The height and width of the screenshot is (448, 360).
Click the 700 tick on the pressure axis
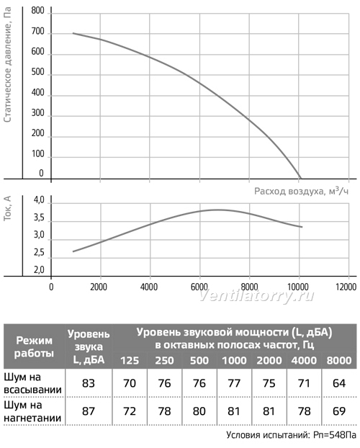(x=38, y=32)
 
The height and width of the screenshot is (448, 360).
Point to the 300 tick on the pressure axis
(x=38, y=113)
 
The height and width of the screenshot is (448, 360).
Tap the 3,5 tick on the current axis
(x=39, y=218)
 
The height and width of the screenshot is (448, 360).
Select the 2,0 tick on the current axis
(x=39, y=269)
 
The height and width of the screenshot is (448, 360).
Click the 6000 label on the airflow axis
(x=199, y=287)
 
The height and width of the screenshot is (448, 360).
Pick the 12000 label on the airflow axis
(x=346, y=287)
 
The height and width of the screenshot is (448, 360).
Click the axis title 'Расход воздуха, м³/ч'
(x=302, y=191)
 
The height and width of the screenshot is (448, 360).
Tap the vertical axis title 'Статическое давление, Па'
(x=8, y=65)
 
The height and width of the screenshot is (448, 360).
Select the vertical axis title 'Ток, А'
(x=7, y=208)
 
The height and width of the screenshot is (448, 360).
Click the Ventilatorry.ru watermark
(x=256, y=296)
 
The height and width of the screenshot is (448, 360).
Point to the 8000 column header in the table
(x=339, y=360)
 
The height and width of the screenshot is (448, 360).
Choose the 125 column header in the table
(x=130, y=360)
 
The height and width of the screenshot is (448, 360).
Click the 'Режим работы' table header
(x=34, y=346)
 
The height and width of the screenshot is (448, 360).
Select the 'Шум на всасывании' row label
(x=33, y=383)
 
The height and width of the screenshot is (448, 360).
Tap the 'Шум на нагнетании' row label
(x=32, y=411)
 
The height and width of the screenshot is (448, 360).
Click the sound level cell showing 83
(x=89, y=383)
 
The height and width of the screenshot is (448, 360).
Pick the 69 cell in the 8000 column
(x=339, y=411)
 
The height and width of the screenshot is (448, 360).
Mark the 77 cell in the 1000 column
(x=234, y=383)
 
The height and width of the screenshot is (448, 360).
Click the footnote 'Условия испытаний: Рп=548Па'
(x=292, y=435)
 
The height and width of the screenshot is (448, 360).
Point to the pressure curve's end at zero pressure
(x=300, y=179)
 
